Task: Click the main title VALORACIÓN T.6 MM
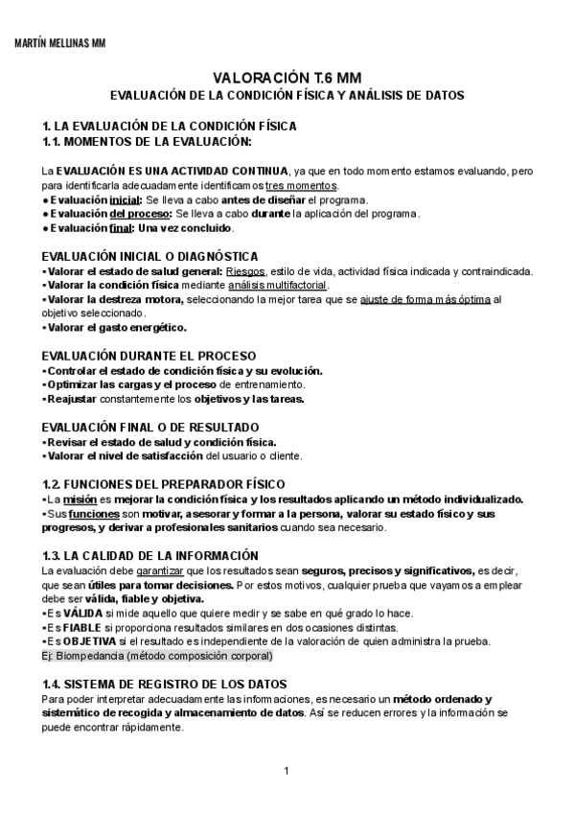click(x=287, y=79)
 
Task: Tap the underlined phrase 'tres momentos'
click(x=301, y=185)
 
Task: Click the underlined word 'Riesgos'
click(x=245, y=270)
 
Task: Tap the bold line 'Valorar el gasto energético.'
click(x=116, y=327)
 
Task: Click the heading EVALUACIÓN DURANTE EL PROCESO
click(x=149, y=356)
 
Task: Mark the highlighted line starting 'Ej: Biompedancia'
click(x=157, y=656)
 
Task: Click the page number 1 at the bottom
click(x=287, y=771)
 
